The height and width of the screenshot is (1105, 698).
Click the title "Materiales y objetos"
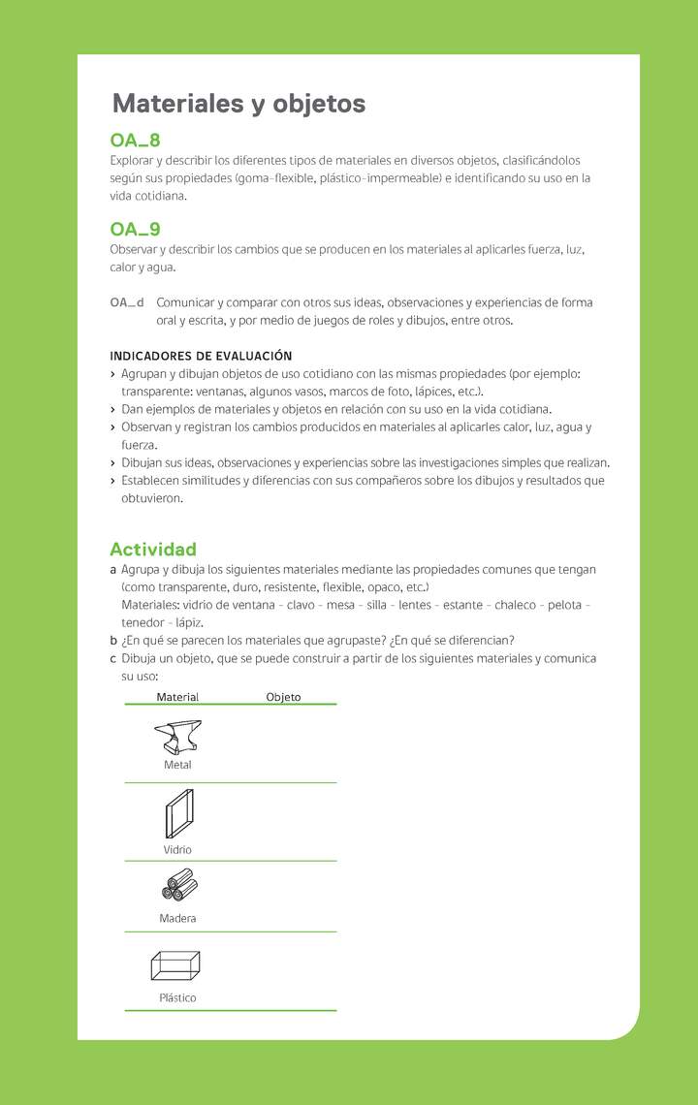click(238, 104)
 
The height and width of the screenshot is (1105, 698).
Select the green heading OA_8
click(135, 142)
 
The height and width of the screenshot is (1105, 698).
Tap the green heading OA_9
click(135, 230)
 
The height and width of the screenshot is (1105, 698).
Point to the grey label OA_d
click(127, 302)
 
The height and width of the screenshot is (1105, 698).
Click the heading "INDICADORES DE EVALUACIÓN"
click(201, 356)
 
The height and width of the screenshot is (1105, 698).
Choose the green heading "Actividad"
click(153, 549)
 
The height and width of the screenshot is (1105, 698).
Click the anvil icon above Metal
click(177, 736)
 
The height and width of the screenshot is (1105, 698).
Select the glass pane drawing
click(178, 813)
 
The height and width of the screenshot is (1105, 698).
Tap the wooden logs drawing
click(179, 885)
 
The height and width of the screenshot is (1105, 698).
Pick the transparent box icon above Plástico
click(175, 965)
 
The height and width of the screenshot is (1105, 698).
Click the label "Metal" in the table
click(177, 765)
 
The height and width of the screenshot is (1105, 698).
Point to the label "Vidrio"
click(177, 850)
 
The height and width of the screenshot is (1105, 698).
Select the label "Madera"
click(177, 918)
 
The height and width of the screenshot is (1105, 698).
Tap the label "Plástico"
click(177, 997)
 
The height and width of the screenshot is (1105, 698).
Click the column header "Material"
click(177, 697)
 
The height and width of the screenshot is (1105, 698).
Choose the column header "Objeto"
click(283, 697)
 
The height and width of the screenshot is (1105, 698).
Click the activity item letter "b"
click(113, 640)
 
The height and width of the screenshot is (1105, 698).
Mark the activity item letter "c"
click(113, 658)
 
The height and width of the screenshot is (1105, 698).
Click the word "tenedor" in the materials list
click(142, 622)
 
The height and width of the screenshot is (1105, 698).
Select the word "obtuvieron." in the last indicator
click(152, 498)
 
